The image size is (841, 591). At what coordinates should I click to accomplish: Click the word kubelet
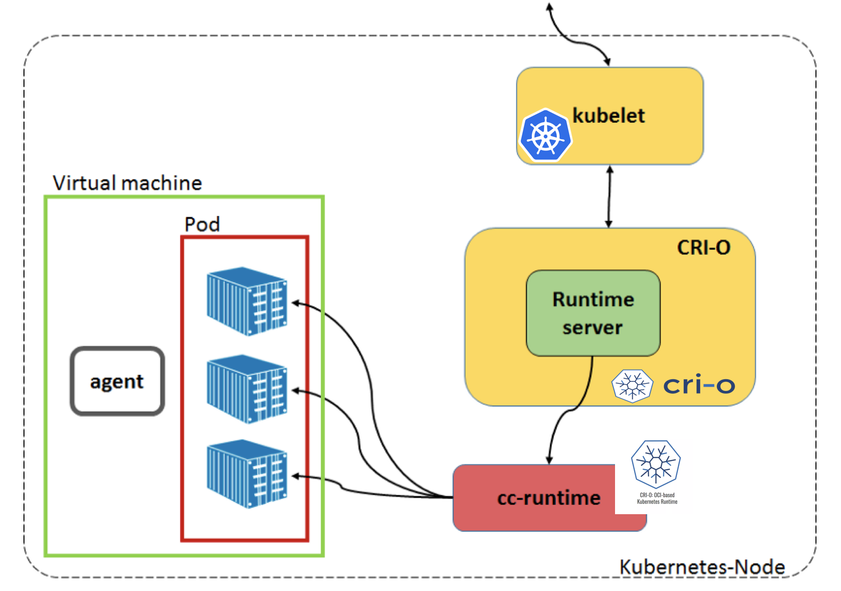[x=608, y=116]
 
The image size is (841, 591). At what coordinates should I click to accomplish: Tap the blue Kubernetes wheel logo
[x=545, y=135]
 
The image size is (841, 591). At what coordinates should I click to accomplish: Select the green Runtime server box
[x=593, y=313]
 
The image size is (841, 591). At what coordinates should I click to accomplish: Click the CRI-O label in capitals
[x=703, y=248]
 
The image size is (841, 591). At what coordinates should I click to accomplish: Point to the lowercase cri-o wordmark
[x=699, y=385]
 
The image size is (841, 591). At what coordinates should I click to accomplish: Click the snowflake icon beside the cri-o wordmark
[x=632, y=385]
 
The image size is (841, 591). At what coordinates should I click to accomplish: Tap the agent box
[x=117, y=381]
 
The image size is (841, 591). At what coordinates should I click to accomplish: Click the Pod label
[x=202, y=225]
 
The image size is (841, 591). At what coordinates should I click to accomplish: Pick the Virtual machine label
[x=127, y=183]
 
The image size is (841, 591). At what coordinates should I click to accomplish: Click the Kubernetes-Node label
[x=702, y=567]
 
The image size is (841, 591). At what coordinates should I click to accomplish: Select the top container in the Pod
[x=247, y=301]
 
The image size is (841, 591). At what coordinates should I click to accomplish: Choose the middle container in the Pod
[x=247, y=389]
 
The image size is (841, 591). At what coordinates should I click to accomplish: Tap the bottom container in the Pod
[x=247, y=474]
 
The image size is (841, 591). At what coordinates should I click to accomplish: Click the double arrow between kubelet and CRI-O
[x=609, y=197]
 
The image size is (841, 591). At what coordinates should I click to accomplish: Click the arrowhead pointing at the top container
[x=295, y=303]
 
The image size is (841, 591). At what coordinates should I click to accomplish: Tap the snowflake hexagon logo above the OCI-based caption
[x=656, y=464]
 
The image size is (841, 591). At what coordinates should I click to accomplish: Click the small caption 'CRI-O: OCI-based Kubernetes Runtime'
[x=657, y=499]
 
